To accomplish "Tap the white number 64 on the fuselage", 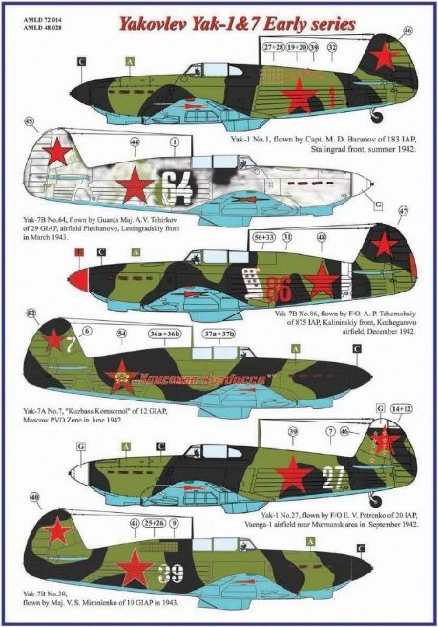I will coord(177,184).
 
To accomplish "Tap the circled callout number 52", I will coord(31,313).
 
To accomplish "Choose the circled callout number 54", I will coord(120,333).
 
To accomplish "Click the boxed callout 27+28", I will coord(273,45).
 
